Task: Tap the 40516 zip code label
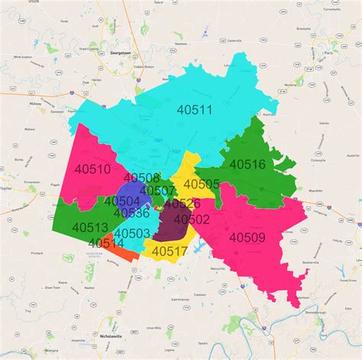(247, 164)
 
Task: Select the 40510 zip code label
(92, 169)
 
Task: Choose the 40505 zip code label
(202, 184)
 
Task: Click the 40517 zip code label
(170, 250)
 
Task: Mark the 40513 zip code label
(90, 227)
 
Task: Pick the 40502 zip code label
(191, 219)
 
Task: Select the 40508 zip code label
(141, 178)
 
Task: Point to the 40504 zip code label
(122, 201)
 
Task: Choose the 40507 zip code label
(158, 190)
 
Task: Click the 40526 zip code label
(182, 204)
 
